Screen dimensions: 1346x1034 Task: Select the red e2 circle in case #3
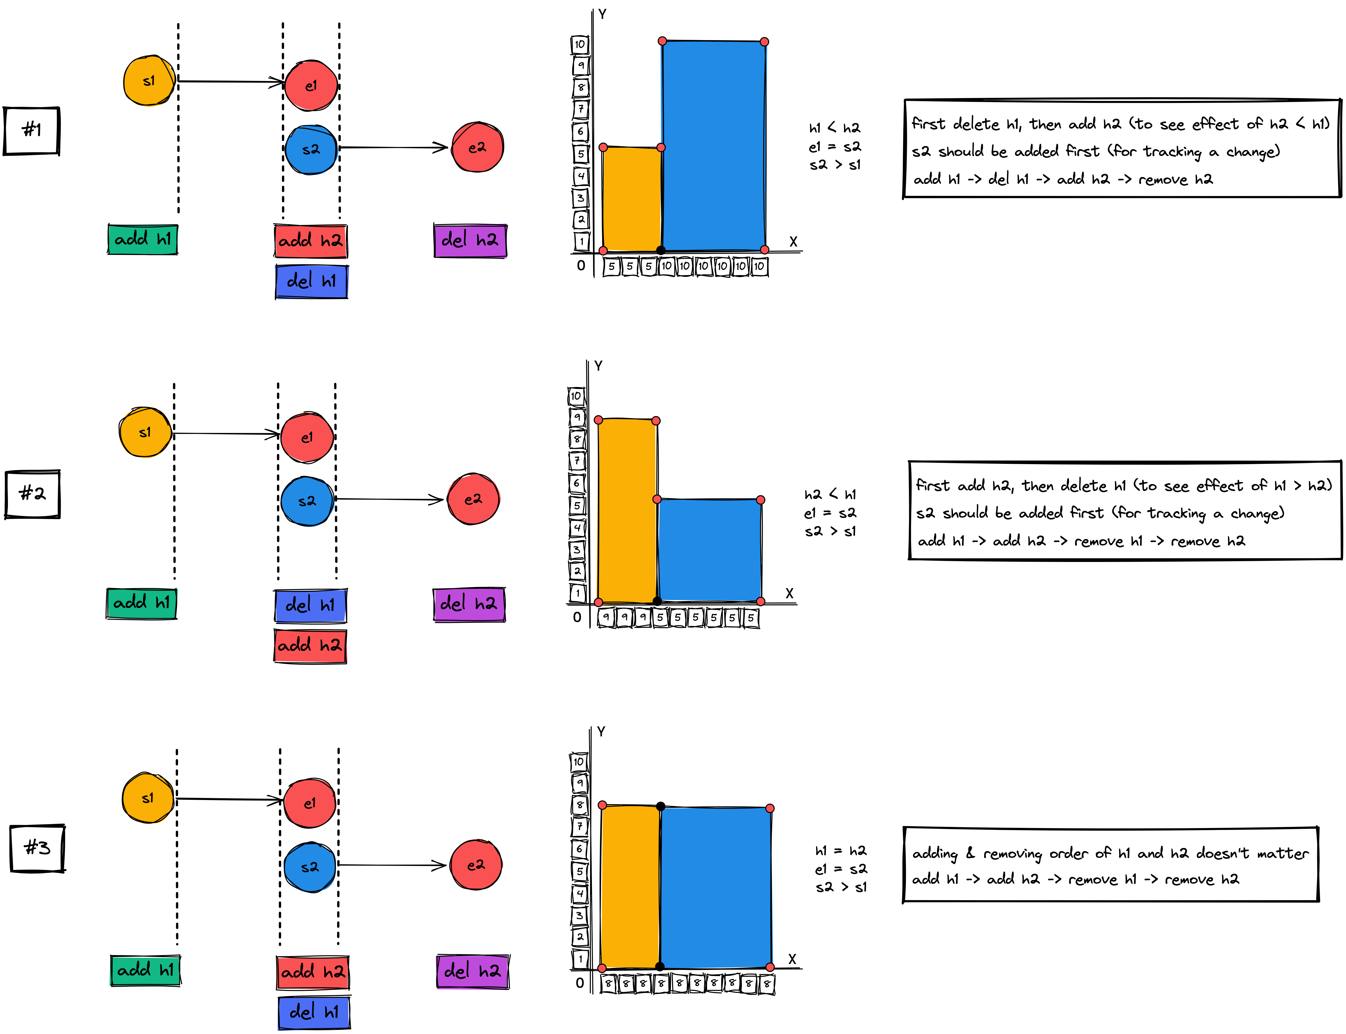(476, 865)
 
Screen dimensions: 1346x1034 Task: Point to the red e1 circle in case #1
(311, 86)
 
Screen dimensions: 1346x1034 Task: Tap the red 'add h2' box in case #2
(310, 646)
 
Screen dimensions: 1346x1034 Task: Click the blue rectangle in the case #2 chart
(709, 550)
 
